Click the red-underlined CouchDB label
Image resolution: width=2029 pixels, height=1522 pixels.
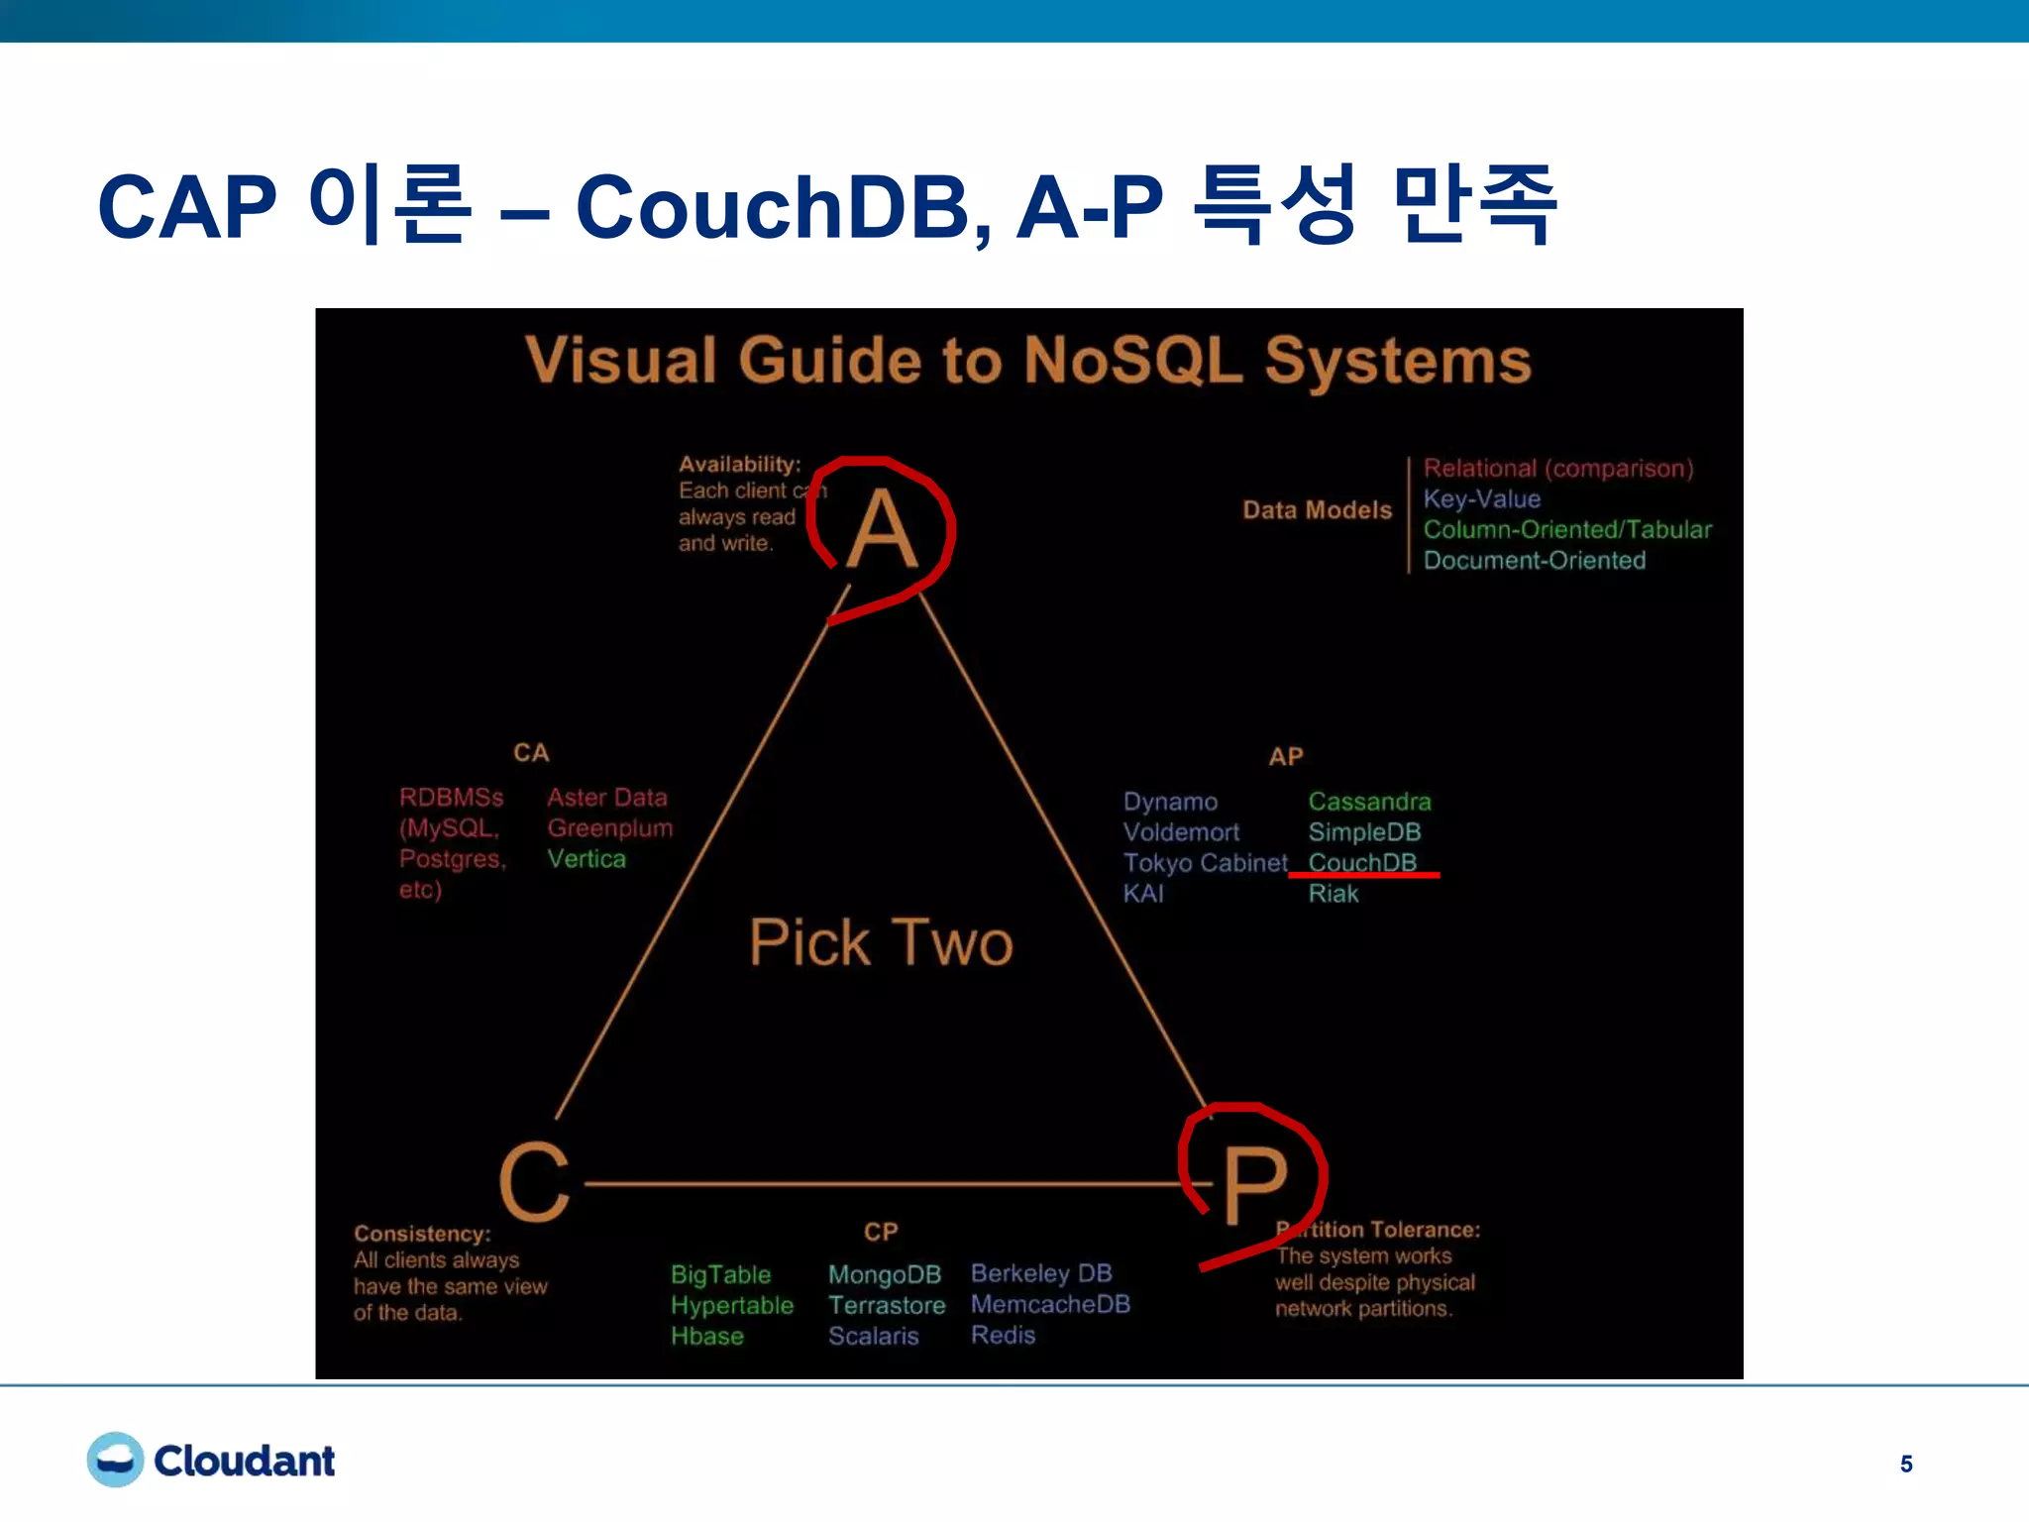(1362, 862)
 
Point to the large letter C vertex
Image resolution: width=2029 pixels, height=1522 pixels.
(535, 1181)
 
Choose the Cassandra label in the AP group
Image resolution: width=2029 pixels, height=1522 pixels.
(1369, 801)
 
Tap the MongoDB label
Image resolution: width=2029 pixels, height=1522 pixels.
(884, 1274)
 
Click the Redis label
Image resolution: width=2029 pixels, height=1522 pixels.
(1003, 1335)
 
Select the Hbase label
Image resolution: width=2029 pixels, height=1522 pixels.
(706, 1336)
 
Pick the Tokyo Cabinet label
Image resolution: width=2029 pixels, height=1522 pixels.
(1205, 862)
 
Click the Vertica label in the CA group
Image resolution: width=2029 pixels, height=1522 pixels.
(587, 858)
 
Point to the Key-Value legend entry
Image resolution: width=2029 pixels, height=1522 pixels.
(1481, 498)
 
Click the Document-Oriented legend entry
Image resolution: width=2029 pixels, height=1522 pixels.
(1534, 560)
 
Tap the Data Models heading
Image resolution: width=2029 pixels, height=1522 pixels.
(1317, 509)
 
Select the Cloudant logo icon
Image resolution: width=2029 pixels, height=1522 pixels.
(115, 1460)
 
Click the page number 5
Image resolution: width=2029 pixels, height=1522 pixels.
(1905, 1464)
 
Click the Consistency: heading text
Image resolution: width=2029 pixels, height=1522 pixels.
(422, 1234)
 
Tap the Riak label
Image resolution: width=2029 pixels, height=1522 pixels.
(1333, 893)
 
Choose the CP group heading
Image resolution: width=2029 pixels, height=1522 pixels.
(881, 1232)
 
